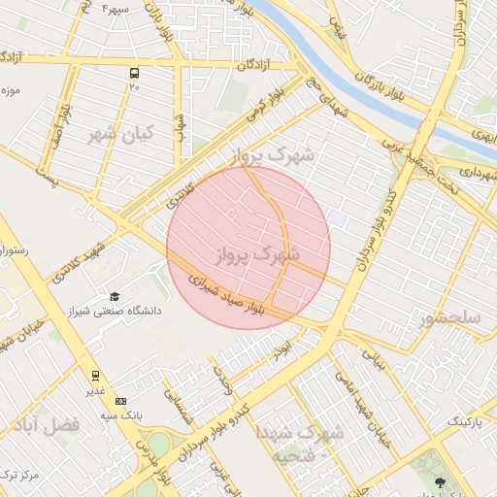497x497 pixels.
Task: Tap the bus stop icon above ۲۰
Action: click(133, 73)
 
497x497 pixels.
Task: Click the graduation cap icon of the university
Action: click(115, 296)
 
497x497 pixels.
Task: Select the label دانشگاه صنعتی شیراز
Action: click(147, 312)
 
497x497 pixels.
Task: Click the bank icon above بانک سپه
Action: click(120, 401)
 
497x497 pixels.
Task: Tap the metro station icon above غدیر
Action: click(95, 375)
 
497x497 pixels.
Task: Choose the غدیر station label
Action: click(95, 390)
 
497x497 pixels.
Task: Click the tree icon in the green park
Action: click(441, 481)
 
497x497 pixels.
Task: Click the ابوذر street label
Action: click(282, 347)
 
